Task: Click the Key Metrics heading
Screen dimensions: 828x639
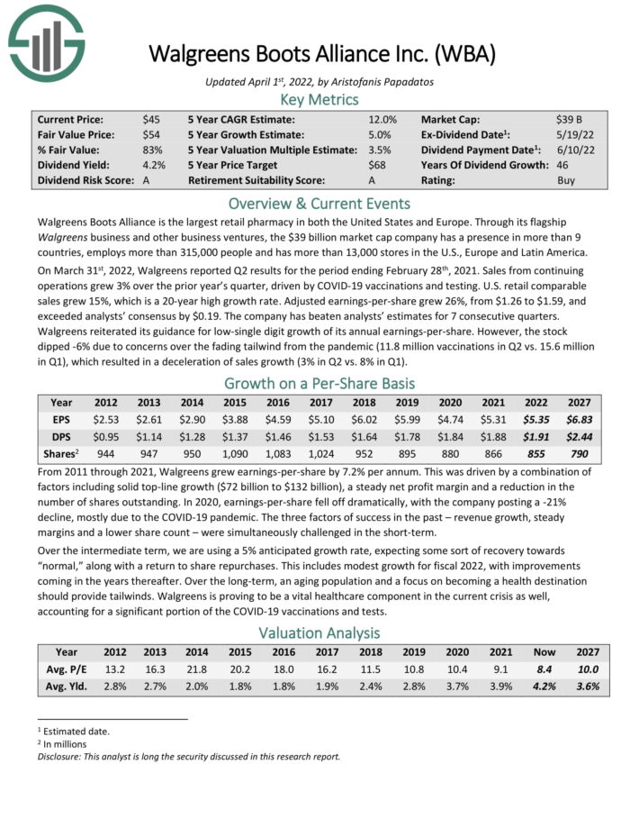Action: click(319, 99)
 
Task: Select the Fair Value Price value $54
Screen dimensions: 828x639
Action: click(151, 134)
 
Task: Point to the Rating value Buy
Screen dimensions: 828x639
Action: click(566, 180)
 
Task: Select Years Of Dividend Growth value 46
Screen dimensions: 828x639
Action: click(563, 165)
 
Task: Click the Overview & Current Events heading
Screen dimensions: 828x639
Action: click(319, 203)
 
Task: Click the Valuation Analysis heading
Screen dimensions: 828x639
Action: click(319, 632)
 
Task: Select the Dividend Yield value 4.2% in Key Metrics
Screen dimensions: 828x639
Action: click(153, 165)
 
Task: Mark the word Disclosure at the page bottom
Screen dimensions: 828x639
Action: click(60, 756)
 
